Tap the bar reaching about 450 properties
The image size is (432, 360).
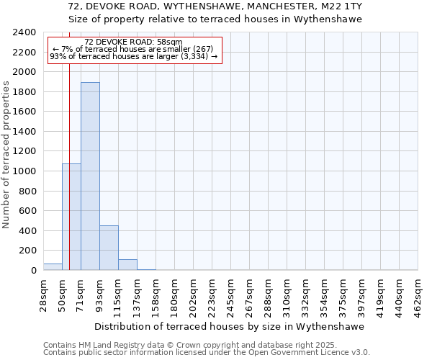[109, 248]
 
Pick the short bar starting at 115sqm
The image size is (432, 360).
[127, 265]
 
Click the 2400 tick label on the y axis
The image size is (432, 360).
[24, 32]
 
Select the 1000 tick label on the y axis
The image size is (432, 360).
[24, 171]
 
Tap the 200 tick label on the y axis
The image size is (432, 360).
[27, 251]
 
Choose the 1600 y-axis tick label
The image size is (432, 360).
[24, 112]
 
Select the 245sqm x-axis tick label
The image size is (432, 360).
[231, 294]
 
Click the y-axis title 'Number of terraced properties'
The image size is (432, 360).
[6, 154]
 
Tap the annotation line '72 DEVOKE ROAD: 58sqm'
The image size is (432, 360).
[133, 42]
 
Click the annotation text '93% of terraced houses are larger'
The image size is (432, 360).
[133, 56]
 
